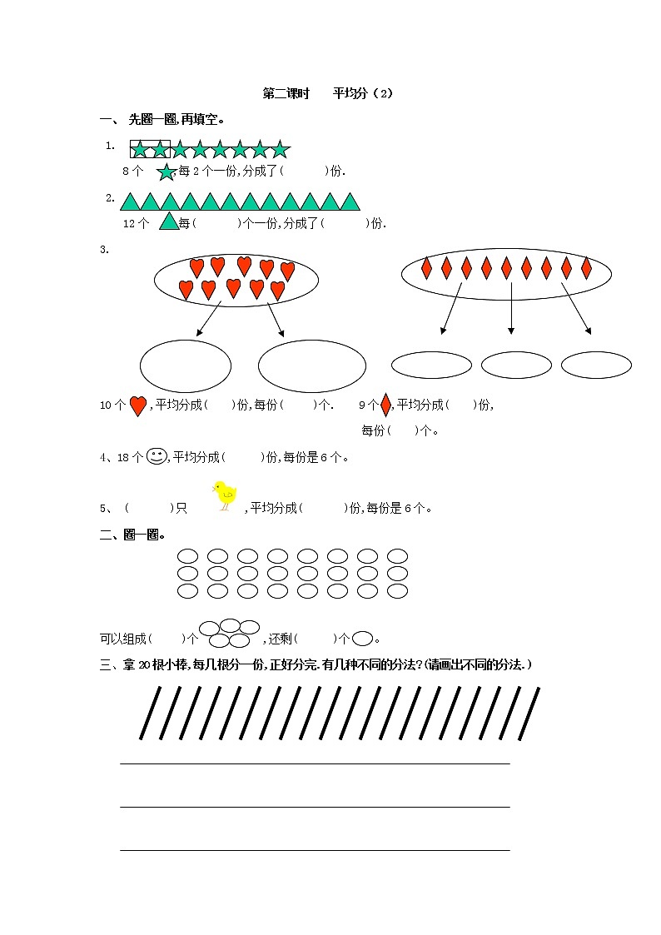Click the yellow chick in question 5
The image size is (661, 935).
pos(225,495)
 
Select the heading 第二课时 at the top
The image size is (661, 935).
pos(286,93)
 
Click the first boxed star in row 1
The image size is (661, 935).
pos(140,149)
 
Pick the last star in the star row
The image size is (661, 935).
pos(280,149)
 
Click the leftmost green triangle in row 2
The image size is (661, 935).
pos(130,201)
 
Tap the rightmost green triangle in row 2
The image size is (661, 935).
pos(350,201)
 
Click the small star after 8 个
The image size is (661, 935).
pos(166,172)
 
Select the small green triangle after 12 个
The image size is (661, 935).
pos(169,221)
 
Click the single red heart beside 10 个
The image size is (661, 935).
pos(138,405)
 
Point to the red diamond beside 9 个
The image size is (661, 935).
pos(385,405)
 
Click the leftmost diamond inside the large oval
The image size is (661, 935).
pos(426,267)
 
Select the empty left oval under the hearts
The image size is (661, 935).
pos(186,366)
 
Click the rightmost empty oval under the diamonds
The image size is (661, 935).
pos(596,365)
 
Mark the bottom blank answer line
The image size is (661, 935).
pos(315,850)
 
